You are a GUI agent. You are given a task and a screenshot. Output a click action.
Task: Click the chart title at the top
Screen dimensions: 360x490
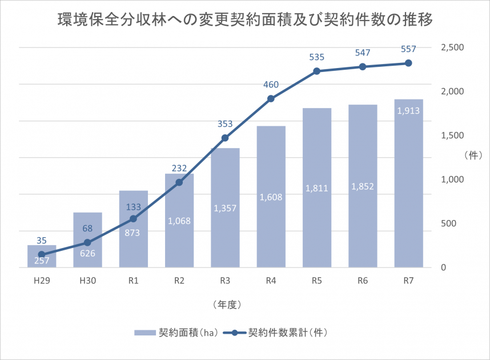coord(244,21)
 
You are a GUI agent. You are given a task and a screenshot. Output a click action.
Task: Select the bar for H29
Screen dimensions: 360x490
coord(42,257)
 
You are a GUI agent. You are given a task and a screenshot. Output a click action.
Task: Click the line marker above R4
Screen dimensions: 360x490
coord(271,98)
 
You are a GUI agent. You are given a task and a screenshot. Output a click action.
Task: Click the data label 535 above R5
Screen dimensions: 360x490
coord(317,57)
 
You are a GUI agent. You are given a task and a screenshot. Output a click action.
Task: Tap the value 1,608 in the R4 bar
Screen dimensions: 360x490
coord(271,197)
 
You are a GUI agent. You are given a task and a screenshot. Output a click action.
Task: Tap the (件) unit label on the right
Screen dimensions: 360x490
coord(473,155)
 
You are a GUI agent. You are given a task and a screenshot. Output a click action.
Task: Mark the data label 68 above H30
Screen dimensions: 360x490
coord(87,229)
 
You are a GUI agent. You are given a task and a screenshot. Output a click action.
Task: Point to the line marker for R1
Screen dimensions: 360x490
coord(134,218)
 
